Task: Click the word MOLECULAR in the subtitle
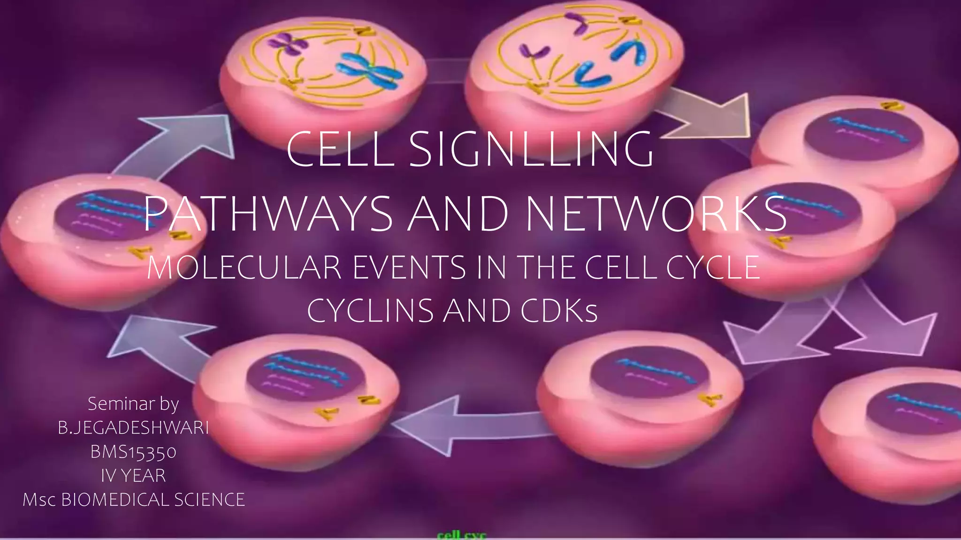point(244,268)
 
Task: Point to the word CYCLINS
point(370,311)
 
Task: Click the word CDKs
point(559,311)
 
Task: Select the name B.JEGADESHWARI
point(133,428)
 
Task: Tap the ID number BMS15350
point(133,452)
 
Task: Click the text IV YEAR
point(133,476)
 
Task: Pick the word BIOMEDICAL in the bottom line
point(115,500)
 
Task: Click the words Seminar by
point(133,404)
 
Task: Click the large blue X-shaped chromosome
point(371,70)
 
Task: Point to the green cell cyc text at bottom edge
point(462,535)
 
